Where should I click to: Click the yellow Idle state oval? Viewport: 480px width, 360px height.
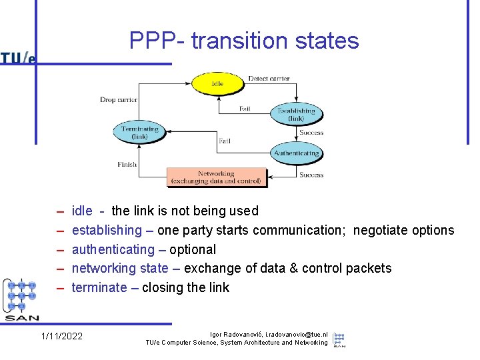pos(217,84)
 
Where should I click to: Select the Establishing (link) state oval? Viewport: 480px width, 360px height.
pos(296,114)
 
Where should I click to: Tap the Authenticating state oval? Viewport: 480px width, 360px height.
pos(296,153)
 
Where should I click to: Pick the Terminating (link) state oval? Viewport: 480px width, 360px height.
pos(140,132)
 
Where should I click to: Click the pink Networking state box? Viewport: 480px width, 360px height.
pos(216,177)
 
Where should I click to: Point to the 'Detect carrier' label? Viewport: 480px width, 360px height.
pos(269,79)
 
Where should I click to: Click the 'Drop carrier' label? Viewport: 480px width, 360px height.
pos(119,100)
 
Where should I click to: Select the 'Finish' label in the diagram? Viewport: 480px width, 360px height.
pos(127,164)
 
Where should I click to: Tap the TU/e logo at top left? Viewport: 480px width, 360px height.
pos(18,58)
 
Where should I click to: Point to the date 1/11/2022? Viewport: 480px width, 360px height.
pos(62,336)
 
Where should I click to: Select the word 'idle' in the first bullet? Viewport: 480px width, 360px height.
pos(82,211)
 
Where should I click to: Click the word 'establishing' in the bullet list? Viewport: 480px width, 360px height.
pos(107,231)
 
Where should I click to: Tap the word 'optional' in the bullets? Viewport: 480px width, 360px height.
pos(193,250)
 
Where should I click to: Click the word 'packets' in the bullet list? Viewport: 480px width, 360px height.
pos(369,269)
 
